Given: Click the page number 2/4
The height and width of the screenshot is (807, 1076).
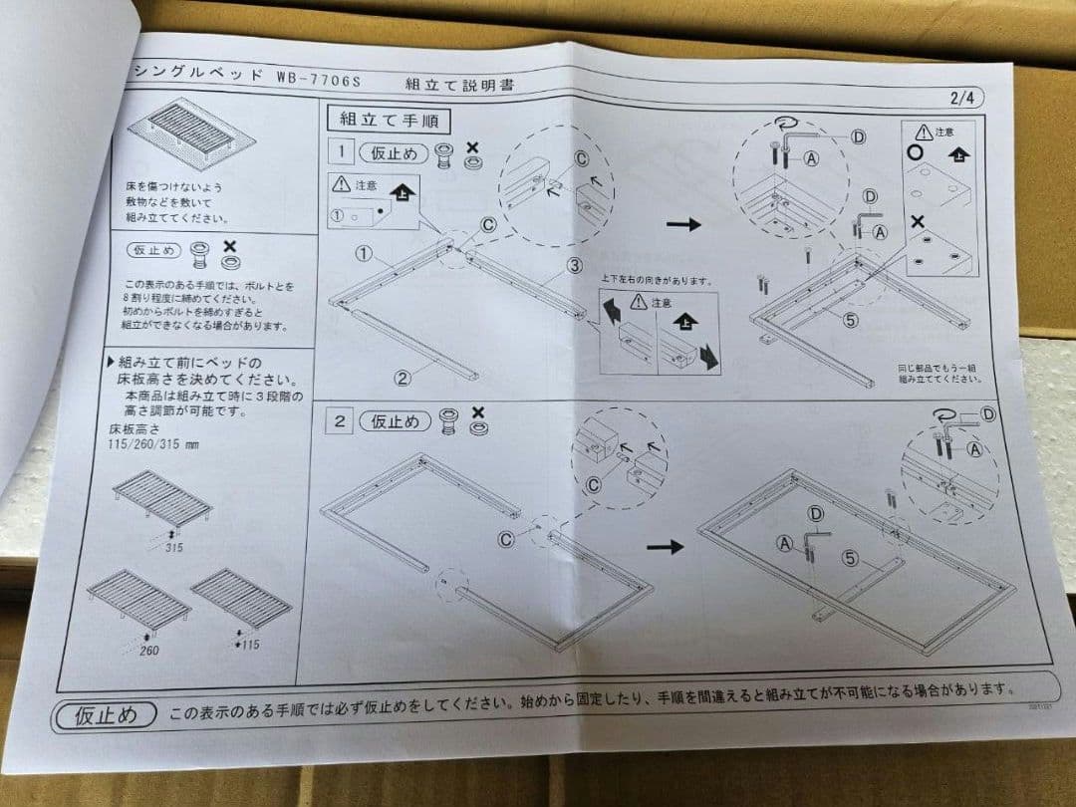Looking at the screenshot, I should pyautogui.click(x=965, y=98).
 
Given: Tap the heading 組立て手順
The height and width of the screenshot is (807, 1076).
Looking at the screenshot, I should pyautogui.click(x=388, y=120).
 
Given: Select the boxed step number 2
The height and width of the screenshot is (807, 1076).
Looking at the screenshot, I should pyautogui.click(x=340, y=420).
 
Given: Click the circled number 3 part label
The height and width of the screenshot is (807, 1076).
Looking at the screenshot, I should pyautogui.click(x=575, y=265).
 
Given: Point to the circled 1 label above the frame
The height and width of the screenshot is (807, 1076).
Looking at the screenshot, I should pyautogui.click(x=365, y=254).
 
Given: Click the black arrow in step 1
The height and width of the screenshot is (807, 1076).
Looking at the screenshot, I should pyautogui.click(x=683, y=224).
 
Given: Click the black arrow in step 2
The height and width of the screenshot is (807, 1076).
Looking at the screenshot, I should pyautogui.click(x=665, y=546).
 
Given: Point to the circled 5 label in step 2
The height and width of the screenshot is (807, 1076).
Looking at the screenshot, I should pyautogui.click(x=850, y=558).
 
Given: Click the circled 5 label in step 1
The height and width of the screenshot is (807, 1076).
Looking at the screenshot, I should pyautogui.click(x=850, y=321).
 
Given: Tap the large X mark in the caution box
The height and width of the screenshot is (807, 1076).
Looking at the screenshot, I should pyautogui.click(x=919, y=222).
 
